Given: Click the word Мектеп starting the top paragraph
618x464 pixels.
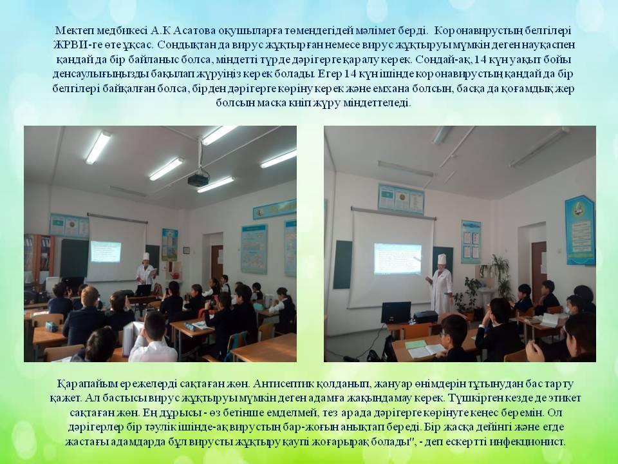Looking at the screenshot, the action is click(72, 31).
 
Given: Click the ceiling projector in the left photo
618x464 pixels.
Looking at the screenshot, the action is click(198, 179).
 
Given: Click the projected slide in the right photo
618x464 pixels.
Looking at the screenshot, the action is click(397, 258).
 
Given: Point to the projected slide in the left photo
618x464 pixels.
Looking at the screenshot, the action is click(106, 251).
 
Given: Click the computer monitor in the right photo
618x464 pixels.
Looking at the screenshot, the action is click(396, 312).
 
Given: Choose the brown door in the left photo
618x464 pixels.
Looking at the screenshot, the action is click(217, 262).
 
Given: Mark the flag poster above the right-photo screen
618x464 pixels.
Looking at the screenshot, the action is click(400, 199).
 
